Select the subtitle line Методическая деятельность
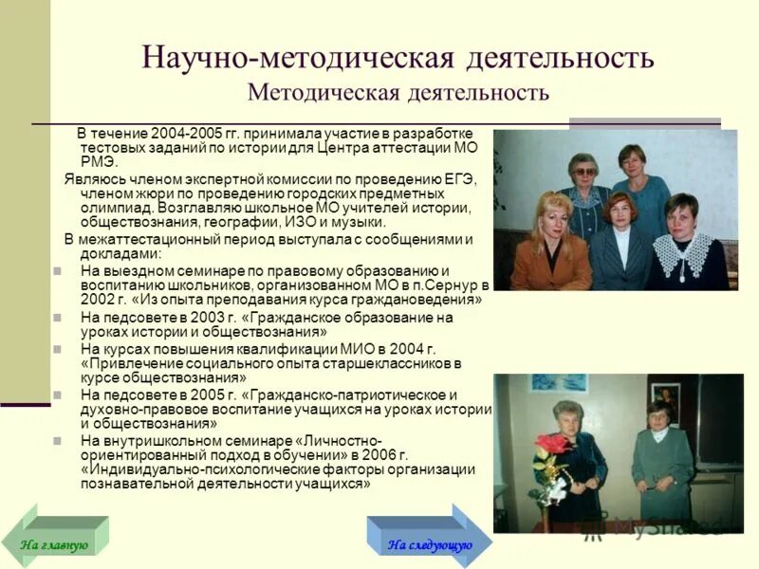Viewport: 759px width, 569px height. [x=398, y=93]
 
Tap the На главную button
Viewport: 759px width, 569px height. [x=54, y=544]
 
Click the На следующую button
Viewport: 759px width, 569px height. [x=429, y=544]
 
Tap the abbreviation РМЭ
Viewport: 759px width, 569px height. [x=97, y=162]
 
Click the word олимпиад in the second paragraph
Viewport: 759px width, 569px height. [x=111, y=208]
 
